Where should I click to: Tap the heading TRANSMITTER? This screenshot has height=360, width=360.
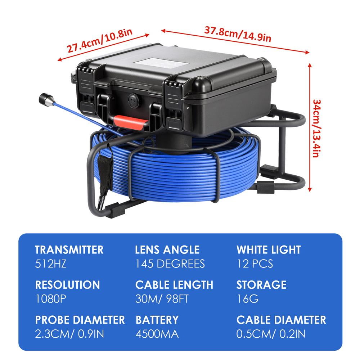pos(69,249)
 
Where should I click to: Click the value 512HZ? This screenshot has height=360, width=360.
pos(51,264)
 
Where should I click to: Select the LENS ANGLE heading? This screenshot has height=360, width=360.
pos(167,249)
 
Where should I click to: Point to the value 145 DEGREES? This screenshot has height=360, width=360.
pos(170,264)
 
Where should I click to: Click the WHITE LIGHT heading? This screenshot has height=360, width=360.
pos(269,249)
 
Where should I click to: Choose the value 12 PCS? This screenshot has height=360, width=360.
pos(255,264)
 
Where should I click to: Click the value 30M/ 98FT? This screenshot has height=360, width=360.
pos(162,299)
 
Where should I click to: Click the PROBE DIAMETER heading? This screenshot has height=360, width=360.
pos(80,320)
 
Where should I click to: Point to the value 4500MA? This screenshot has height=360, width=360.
pos(157,334)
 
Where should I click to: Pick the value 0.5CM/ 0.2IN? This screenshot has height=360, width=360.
pos(271,334)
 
